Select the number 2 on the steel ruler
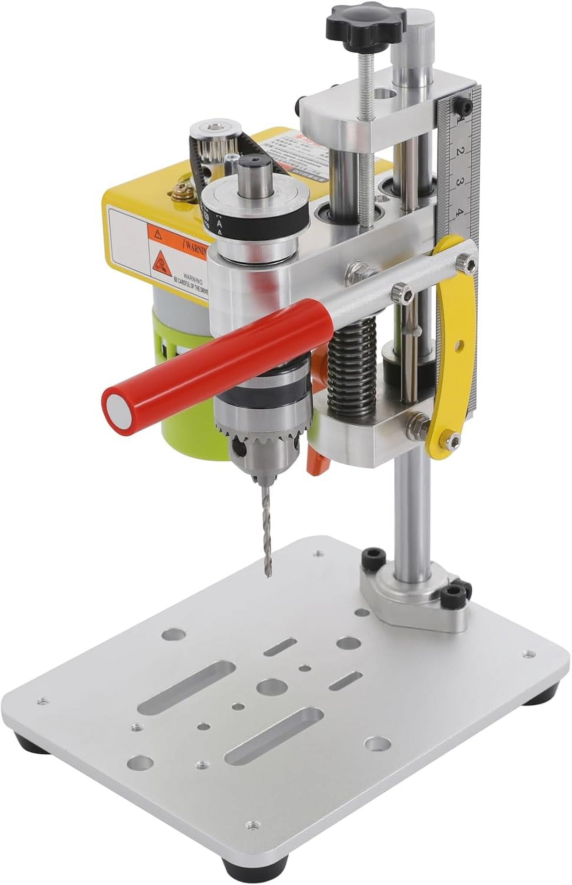pyautogui.click(x=460, y=152)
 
